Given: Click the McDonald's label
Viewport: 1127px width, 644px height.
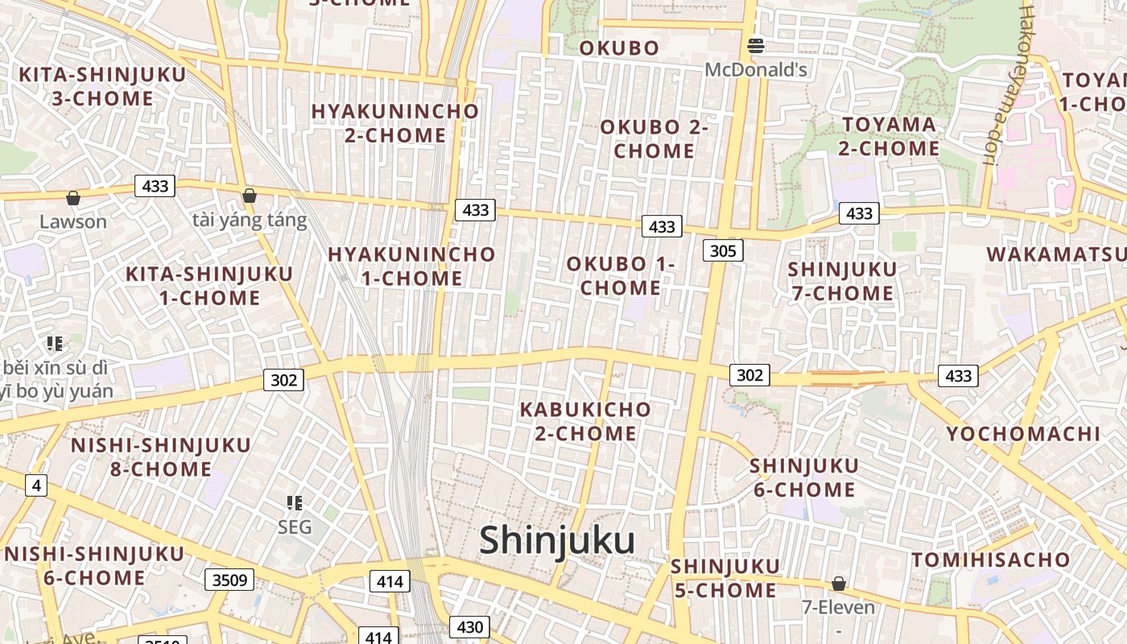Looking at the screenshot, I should pos(756,70).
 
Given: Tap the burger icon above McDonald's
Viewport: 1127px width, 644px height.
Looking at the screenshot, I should pos(755,46).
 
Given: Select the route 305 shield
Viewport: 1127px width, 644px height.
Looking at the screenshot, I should pos(723,250).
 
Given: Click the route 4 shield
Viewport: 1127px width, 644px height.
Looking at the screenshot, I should pos(35,485).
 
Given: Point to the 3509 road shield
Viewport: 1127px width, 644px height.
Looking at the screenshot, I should pos(229,580).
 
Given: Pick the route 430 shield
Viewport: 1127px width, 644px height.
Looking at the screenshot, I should pos(469,627).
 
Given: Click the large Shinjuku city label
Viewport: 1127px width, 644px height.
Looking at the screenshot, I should pos(557,540).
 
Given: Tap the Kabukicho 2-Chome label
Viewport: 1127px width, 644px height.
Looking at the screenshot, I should pos(585,421).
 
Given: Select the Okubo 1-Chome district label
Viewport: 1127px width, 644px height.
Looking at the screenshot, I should pos(620,275).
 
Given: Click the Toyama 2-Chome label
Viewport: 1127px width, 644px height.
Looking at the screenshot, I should pos(890,136).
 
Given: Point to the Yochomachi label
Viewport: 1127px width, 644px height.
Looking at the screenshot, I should pos(1022,434).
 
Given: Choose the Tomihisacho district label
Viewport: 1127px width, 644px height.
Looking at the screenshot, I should pos(991,559).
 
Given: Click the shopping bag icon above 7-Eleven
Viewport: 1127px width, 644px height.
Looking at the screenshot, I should pos(839,584).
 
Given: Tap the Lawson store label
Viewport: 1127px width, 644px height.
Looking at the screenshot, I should pos(73,221).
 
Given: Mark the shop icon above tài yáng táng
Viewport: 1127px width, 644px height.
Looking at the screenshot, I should pos(250,196).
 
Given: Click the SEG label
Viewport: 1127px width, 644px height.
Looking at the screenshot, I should pos(294,527).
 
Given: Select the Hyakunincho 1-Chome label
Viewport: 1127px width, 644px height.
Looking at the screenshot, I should pos(411,266).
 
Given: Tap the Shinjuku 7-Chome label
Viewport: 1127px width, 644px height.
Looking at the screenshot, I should pos(842,281).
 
